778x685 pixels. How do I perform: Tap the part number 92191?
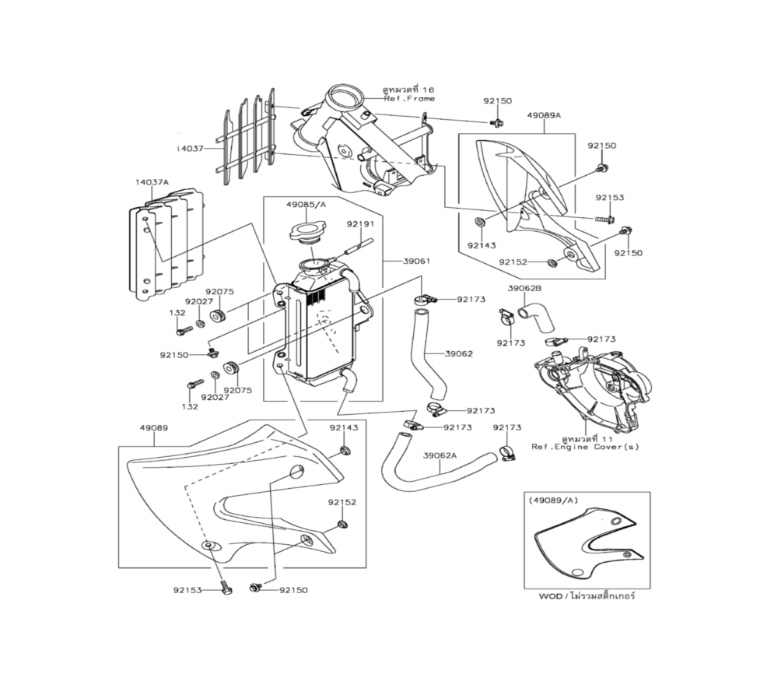tap(360, 223)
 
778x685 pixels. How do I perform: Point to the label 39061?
tap(417, 262)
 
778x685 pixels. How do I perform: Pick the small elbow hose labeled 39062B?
tap(536, 314)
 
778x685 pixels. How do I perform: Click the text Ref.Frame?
tap(408, 99)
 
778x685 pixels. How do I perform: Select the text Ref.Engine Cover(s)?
tap(575, 448)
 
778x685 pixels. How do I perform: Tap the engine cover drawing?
tap(591, 385)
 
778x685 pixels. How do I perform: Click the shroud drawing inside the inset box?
tap(587, 545)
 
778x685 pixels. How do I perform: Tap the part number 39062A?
tap(440, 455)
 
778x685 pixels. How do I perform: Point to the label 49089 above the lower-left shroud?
tap(154, 428)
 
